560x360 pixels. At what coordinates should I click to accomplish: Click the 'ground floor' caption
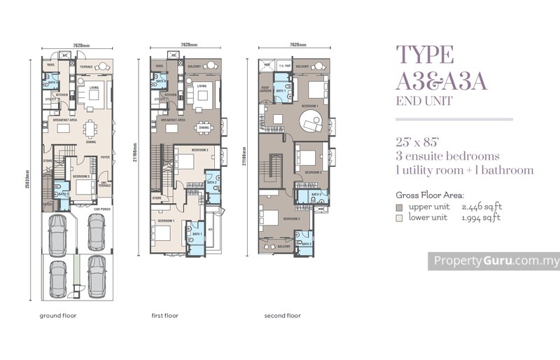(x=57, y=316)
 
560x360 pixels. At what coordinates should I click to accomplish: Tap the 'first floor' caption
(x=165, y=316)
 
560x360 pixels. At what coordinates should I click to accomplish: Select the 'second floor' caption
(x=282, y=316)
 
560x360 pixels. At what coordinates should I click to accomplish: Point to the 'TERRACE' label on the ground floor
(x=86, y=67)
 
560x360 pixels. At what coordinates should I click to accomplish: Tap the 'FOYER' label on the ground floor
(x=104, y=158)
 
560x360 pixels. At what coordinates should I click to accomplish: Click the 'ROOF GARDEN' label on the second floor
(x=265, y=90)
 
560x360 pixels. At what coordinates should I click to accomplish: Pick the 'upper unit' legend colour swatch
(x=399, y=208)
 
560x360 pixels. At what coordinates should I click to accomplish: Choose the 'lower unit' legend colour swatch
(x=399, y=218)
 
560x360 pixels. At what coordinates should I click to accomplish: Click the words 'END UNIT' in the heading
(x=423, y=102)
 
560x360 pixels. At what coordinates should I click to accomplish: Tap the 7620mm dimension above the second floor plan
(x=297, y=45)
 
